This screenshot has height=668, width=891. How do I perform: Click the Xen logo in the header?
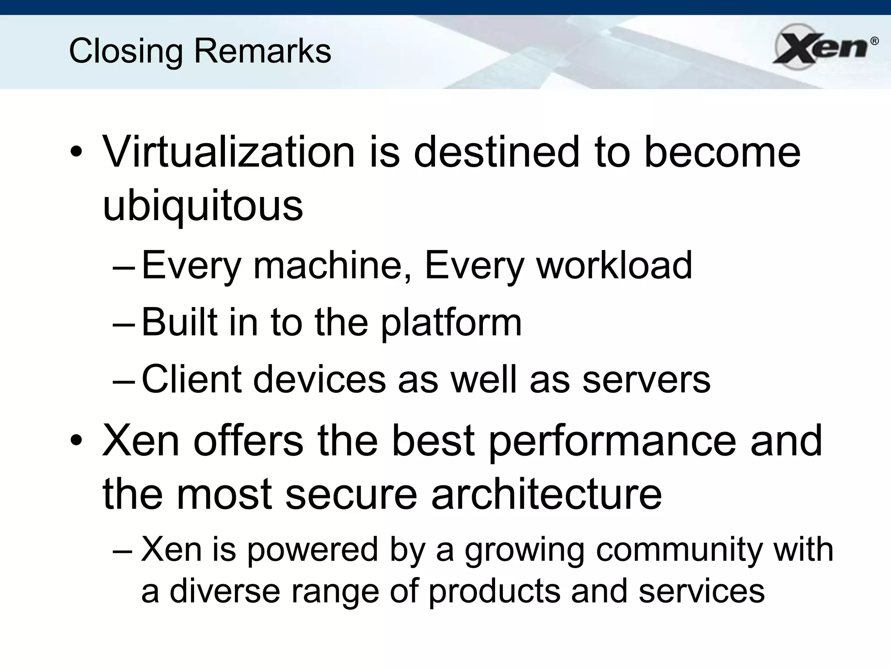[820, 47]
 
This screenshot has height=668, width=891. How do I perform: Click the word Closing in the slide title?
[126, 51]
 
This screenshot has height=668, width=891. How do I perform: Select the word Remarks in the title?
[262, 51]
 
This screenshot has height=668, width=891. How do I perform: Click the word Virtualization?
[229, 152]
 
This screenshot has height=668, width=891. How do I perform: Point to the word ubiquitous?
[203, 205]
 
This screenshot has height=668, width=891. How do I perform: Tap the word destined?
[497, 152]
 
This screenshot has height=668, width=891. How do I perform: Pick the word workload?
[614, 265]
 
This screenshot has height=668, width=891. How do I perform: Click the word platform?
[451, 322]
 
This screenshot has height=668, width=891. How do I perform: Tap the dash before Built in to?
[124, 324]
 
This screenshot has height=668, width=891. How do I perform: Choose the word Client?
[191, 379]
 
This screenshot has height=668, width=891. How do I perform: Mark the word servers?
[646, 379]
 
